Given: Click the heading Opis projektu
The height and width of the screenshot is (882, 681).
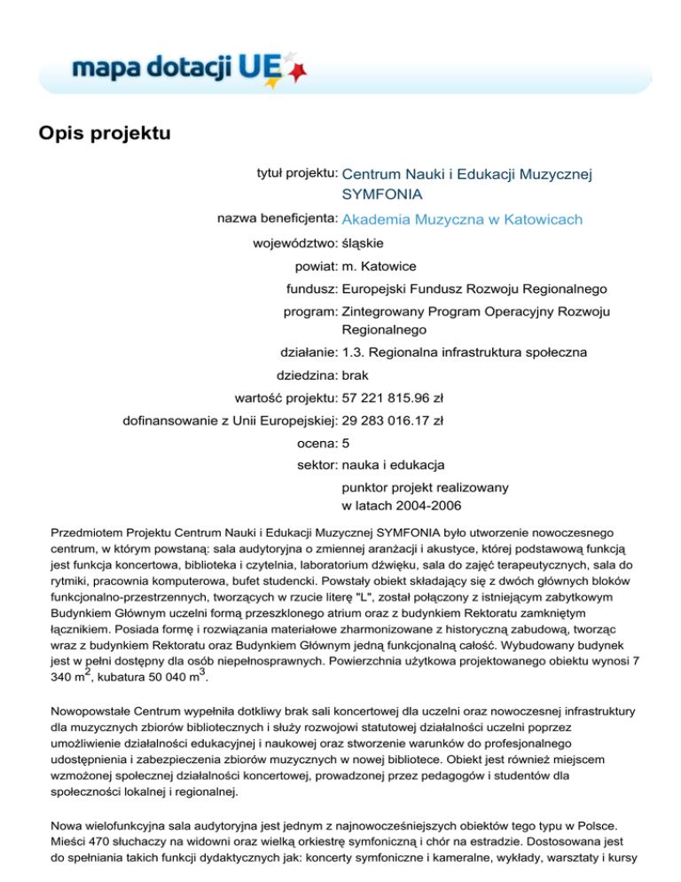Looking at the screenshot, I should (103, 135).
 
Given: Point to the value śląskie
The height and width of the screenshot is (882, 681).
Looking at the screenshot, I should (364, 242).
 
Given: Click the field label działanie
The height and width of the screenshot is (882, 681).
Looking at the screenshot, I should (307, 352).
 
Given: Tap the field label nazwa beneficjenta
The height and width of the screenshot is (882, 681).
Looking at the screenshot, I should (278, 217).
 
